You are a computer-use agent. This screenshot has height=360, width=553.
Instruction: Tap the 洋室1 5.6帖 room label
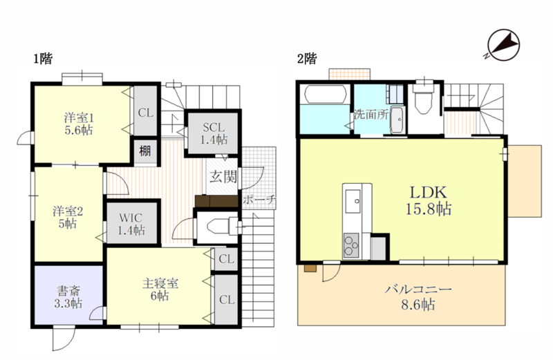79,124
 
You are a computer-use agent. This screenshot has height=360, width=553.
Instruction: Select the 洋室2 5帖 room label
68,217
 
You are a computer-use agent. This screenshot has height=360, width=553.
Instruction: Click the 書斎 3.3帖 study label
68,297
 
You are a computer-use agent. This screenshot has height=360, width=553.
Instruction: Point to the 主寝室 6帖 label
160,289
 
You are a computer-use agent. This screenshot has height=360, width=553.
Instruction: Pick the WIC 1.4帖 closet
131,223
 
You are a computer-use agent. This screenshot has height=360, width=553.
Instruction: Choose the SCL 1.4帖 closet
214,133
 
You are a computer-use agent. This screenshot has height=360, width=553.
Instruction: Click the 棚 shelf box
145,151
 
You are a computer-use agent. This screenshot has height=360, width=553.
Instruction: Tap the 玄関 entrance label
223,176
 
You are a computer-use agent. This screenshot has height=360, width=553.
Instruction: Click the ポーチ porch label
259,200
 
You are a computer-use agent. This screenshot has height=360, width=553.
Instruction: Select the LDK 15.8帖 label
428,200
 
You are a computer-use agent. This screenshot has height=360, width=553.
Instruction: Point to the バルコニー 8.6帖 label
418,297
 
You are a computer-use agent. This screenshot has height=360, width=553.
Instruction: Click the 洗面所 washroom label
371,114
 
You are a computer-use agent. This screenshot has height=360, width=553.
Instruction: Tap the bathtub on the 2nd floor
325,94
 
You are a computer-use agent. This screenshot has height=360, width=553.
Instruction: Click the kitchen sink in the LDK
353,201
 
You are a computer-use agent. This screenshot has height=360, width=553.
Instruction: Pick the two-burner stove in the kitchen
351,245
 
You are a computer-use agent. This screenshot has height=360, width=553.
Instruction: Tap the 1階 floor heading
43,59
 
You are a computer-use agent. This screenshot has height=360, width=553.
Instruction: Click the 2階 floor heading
307,59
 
